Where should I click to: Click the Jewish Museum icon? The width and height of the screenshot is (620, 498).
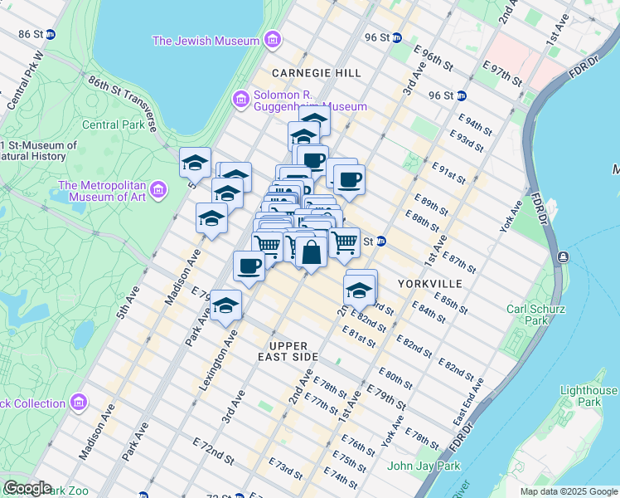point(272,41)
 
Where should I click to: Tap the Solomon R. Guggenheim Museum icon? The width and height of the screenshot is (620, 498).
point(241,100)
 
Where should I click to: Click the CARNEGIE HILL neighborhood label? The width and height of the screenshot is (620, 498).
point(316,73)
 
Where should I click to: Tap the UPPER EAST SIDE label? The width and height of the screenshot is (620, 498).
point(293,351)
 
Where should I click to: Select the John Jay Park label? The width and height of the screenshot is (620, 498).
point(423,466)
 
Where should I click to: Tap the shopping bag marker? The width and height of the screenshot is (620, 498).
point(311,254)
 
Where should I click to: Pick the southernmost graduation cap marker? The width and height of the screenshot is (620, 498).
point(225,306)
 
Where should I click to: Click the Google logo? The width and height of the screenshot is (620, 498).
point(27,488)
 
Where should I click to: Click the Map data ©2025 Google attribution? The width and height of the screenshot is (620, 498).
point(568,491)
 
